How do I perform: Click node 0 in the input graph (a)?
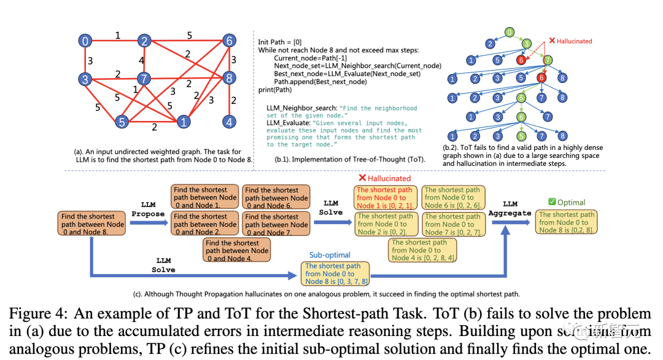[85, 41]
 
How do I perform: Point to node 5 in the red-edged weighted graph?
[122, 122]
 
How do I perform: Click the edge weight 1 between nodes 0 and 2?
[117, 36]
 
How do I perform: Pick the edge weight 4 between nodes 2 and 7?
[141, 60]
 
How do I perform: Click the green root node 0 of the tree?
[509, 32]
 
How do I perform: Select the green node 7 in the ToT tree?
[548, 60]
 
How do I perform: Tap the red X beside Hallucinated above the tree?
[552, 41]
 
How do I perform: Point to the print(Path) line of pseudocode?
[275, 90]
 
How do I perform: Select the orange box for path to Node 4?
[237, 251]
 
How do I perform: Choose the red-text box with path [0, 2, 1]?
[386, 198]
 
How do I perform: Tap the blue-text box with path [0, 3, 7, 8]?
[334, 273]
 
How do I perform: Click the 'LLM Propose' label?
[148, 209]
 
